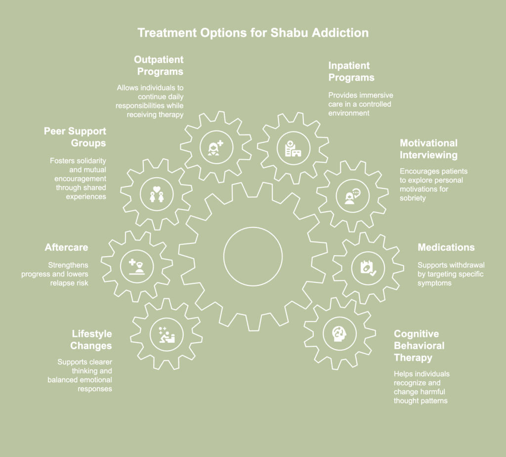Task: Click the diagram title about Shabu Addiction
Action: coord(253,33)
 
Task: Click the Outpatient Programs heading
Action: coord(159,65)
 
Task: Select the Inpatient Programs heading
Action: coord(352,72)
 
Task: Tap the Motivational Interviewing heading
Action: coord(428,149)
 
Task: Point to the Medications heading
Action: coord(446,247)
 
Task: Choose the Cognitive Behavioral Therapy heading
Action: coord(419,346)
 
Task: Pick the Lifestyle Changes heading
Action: coord(91,340)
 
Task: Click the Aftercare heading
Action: coord(66,247)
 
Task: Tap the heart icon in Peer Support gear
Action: coord(156,188)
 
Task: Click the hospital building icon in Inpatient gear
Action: coord(293,147)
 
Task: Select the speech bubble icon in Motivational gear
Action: coord(356,193)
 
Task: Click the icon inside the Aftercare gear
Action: coord(137,267)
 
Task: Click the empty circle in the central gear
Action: coord(253,256)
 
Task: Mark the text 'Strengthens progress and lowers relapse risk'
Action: coord(55,274)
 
